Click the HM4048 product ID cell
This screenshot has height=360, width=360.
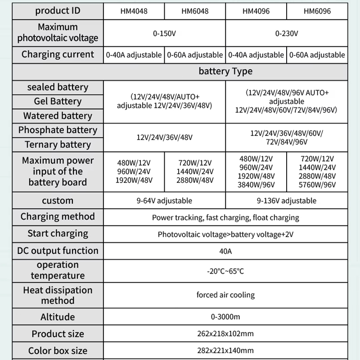tap(134, 11)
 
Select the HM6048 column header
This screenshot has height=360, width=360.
tap(195, 11)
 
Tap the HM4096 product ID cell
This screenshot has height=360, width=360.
tap(256, 11)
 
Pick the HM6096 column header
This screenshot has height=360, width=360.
tap(317, 11)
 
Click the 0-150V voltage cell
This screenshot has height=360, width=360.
tap(164, 33)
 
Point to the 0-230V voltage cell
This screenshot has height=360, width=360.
tap(287, 33)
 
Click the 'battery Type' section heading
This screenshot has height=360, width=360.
tap(225, 72)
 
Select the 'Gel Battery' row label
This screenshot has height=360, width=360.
tap(58, 101)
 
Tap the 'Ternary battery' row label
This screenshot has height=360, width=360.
tap(58, 144)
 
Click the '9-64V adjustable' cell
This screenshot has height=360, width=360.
tap(164, 201)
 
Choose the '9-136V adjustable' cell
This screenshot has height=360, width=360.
tap(287, 201)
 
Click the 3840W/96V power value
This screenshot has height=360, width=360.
tap(256, 185)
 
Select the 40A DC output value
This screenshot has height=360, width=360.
tap(225, 251)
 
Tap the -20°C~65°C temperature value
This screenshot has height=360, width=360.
tap(225, 271)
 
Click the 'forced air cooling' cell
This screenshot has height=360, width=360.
tap(225, 295)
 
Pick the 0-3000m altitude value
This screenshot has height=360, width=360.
tap(225, 317)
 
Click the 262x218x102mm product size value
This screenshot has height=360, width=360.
tap(225, 334)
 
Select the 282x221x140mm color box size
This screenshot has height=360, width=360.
tap(225, 351)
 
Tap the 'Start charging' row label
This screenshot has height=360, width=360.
tap(58, 234)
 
